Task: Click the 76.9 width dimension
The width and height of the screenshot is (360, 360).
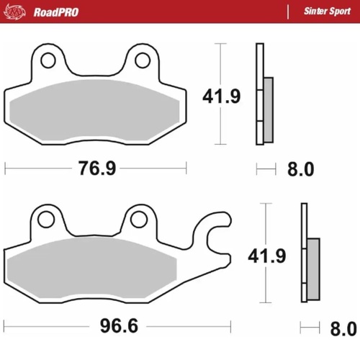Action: (x=96, y=168)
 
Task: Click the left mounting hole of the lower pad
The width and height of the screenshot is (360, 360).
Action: (x=45, y=217)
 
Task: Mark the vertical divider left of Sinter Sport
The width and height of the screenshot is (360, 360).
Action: (x=287, y=12)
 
